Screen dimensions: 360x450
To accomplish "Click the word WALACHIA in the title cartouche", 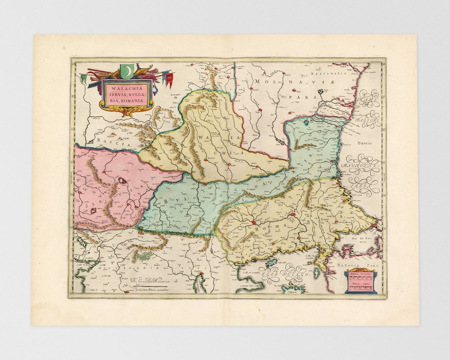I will tap(118, 87).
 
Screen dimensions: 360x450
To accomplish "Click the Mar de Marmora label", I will tap(360, 240).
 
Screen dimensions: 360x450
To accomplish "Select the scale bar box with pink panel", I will tap(361, 281).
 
